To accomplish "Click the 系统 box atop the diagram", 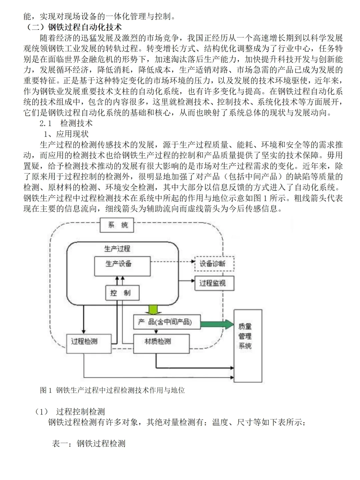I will [x=117, y=225].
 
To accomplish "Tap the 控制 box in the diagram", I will [x=122, y=293].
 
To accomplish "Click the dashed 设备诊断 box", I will [x=214, y=264].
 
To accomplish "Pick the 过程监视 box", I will [x=214, y=283].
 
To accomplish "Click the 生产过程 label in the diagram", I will [x=117, y=249].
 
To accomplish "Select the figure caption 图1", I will [x=112, y=390].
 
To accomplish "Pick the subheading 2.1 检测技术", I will [x=66, y=123].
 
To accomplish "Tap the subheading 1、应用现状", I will [x=67, y=134].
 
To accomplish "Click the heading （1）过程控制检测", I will [x=70, y=411].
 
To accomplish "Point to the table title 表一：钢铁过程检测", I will [x=89, y=443].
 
